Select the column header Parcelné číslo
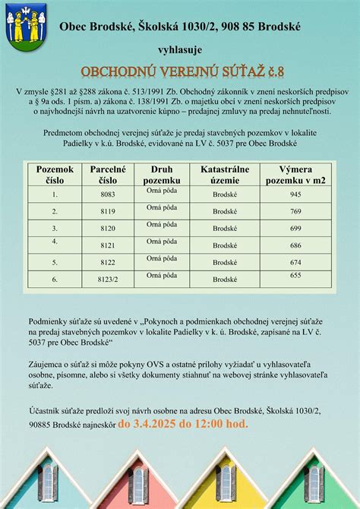(108, 174)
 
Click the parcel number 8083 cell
(108, 194)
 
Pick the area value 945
(295, 194)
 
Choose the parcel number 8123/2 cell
(108, 280)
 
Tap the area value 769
(295, 211)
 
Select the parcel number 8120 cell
(108, 228)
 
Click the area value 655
(295, 275)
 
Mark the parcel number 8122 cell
(108, 262)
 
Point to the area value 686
(295, 245)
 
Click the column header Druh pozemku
(162, 174)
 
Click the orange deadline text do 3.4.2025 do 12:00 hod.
(183, 423)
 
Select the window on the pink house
(137, 482)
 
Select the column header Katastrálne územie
(225, 174)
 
